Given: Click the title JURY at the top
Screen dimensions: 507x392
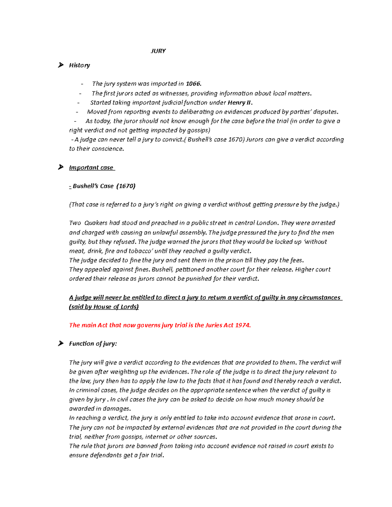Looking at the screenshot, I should pyautogui.click(x=158, y=51).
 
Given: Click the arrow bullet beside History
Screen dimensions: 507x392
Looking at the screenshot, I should pyautogui.click(x=61, y=65).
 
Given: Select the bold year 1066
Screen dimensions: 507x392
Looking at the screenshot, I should pyautogui.click(x=193, y=84).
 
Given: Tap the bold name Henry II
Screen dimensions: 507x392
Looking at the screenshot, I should pyautogui.click(x=240, y=103).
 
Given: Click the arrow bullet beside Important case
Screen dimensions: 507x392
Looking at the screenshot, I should pyautogui.click(x=61, y=167).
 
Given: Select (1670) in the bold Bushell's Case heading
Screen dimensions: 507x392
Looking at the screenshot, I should pyautogui.click(x=126, y=186).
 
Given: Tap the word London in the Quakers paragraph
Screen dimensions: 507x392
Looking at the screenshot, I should pyautogui.click(x=267, y=223).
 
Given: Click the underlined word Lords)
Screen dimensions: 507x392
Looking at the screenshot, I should pyautogui.click(x=130, y=307).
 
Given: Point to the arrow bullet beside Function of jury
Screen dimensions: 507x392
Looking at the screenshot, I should pyautogui.click(x=61, y=343).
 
